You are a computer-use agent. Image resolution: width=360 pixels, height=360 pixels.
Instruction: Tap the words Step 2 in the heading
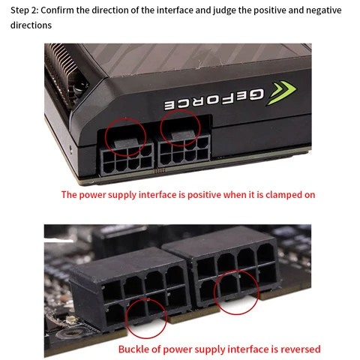26,10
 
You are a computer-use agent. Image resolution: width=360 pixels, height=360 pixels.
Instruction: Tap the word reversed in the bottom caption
298,349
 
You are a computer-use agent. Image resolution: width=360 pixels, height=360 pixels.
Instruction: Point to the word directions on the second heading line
31,25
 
